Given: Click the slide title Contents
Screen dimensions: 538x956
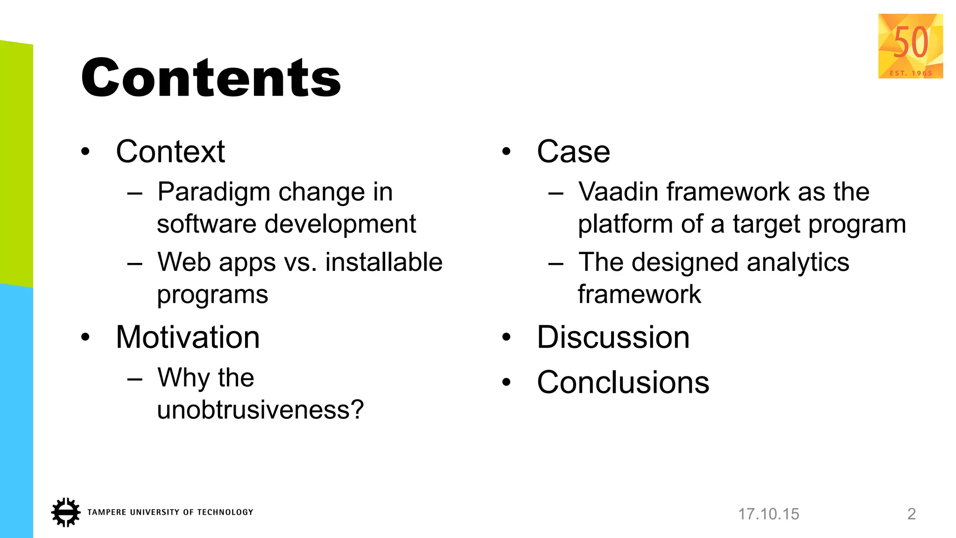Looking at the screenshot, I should click(211, 78).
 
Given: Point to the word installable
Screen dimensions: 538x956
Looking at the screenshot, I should click(384, 262).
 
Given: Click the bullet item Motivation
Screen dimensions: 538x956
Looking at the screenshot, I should click(188, 337).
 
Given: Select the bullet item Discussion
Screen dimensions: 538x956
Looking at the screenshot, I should click(613, 337).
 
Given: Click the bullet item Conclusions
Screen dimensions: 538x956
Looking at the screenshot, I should click(623, 382).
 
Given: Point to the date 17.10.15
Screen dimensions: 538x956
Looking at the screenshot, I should click(768, 514).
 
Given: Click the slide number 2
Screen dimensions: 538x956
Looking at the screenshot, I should click(911, 514).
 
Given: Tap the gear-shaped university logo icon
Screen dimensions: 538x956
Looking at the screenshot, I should click(65, 512).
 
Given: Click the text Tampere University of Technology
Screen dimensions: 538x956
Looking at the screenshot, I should click(170, 512).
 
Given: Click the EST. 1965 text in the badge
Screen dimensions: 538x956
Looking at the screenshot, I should click(911, 73).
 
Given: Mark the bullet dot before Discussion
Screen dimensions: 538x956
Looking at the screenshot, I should click(506, 337).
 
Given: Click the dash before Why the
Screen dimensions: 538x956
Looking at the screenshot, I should click(134, 378).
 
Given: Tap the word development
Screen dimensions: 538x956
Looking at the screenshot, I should click(340, 224).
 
